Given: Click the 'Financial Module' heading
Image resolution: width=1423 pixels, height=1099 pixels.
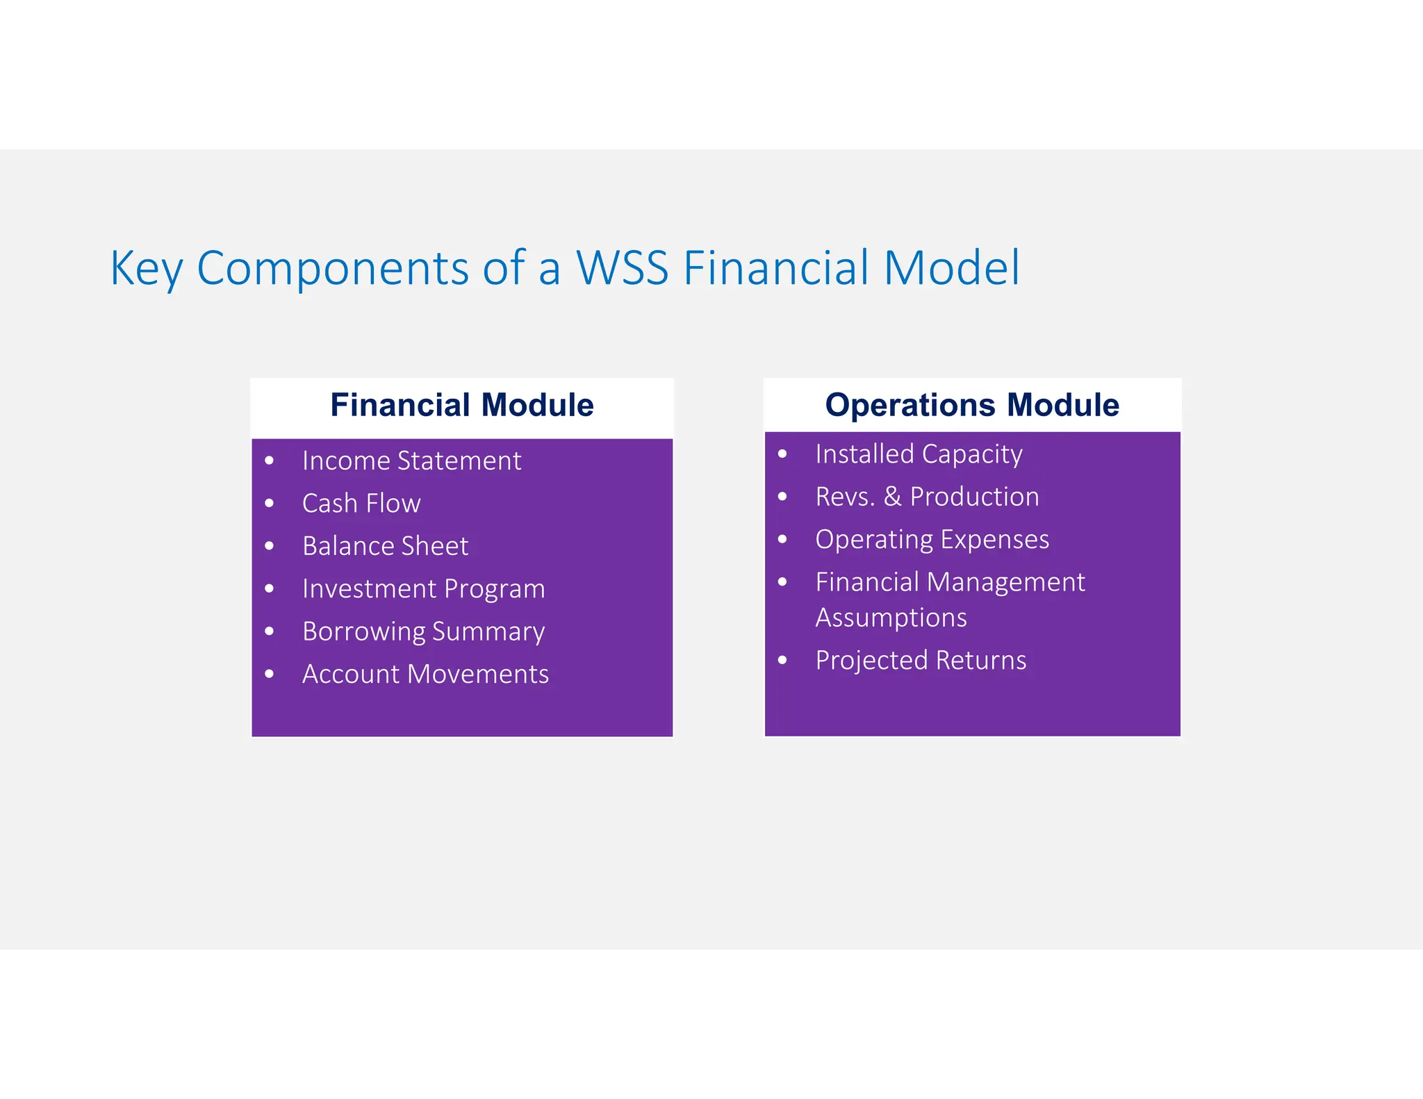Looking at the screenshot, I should click(461, 405).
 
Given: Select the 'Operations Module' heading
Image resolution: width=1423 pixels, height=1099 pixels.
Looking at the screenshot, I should click(971, 405).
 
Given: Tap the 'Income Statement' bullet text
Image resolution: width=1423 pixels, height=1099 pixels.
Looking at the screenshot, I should click(411, 461).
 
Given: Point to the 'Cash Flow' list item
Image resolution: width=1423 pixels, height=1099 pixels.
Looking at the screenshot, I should click(361, 503).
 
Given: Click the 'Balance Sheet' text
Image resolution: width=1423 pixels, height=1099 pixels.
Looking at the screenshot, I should click(385, 546).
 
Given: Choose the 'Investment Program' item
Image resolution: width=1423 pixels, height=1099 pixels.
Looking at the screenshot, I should click(423, 588).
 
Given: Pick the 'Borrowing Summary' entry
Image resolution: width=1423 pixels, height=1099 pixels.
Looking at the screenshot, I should click(423, 631).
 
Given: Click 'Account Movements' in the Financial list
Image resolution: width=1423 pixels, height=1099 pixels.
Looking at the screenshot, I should click(425, 674).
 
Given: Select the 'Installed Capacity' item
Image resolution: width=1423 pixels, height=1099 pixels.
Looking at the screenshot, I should click(919, 454).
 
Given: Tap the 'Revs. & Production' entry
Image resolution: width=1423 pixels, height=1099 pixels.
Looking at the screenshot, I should click(927, 497).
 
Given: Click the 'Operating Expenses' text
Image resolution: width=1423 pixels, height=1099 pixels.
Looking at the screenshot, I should click(932, 540).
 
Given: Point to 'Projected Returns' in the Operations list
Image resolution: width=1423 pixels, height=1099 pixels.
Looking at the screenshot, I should click(921, 660).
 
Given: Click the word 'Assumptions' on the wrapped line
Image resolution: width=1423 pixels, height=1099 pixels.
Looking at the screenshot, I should click(891, 618).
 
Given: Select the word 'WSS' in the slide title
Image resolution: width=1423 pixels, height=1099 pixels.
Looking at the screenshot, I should click(622, 267).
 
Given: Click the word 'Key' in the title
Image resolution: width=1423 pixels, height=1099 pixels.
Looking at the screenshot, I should click(146, 269).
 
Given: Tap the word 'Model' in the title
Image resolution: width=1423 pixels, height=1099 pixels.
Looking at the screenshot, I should click(951, 267).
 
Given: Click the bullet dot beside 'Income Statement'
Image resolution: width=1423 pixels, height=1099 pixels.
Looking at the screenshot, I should click(270, 461).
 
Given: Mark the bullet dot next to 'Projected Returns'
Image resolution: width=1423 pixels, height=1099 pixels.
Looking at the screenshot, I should click(782, 660).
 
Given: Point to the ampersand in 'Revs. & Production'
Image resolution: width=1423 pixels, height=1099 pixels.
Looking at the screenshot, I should click(892, 497).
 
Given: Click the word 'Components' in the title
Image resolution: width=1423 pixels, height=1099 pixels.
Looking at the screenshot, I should click(333, 269).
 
